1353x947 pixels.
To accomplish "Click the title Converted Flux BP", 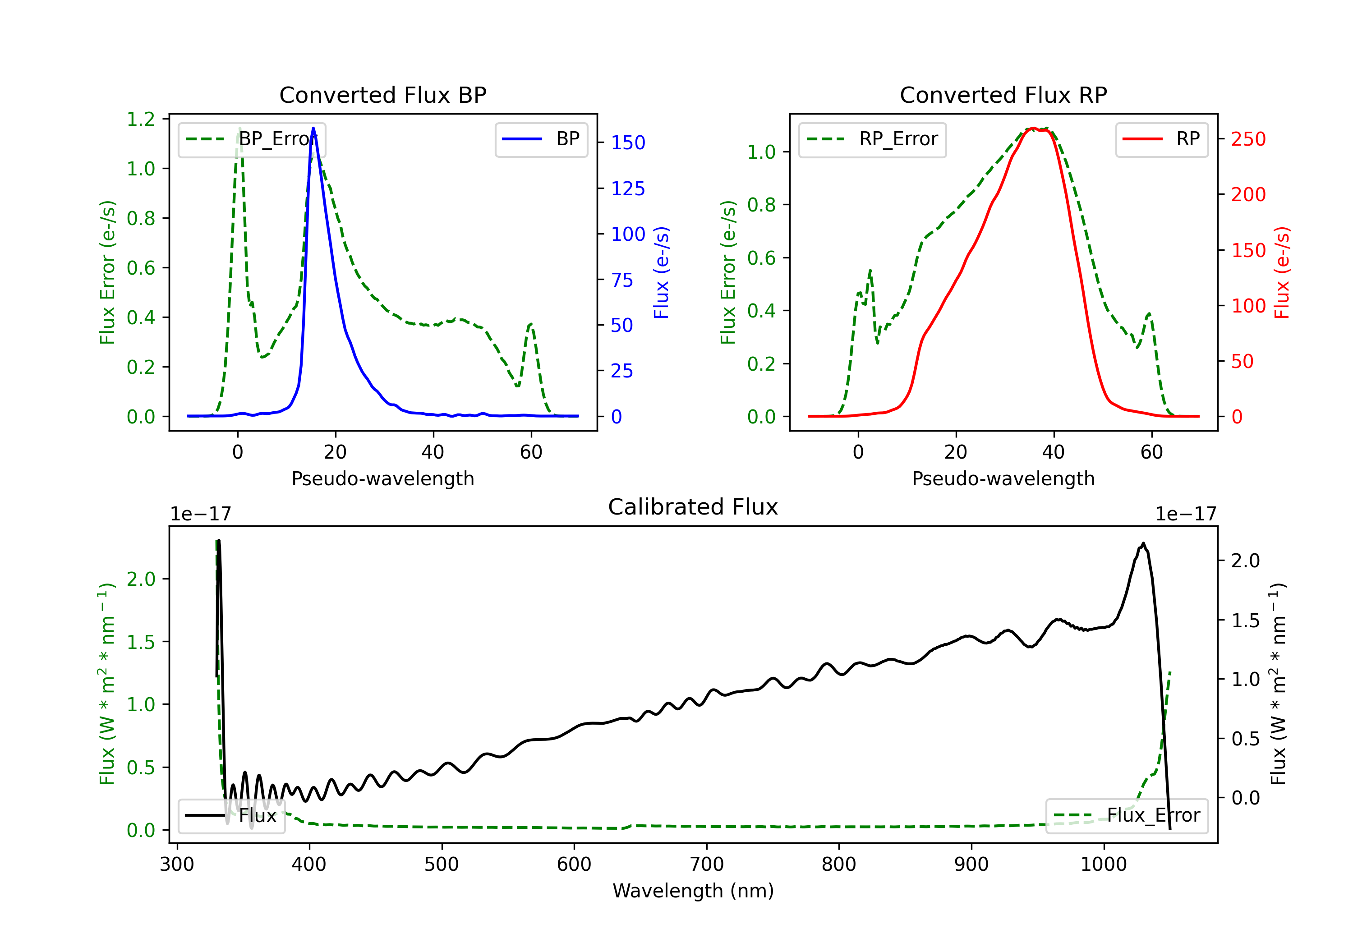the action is click(382, 95).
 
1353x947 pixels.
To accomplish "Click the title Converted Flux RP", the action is click(1003, 95).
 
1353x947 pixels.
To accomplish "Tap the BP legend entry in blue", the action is click(541, 139).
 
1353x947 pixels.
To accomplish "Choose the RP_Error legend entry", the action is click(872, 139).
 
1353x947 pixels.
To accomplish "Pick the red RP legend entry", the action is click(1161, 139).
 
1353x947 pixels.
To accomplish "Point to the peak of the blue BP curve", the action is click(313, 128).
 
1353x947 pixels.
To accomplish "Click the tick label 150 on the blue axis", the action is click(628, 143).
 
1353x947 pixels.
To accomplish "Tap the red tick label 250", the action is click(1248, 139).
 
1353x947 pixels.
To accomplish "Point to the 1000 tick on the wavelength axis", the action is click(1103, 864).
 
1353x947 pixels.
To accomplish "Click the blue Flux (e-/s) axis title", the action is click(661, 272).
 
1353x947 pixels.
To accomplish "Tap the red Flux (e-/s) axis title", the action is click(1282, 272).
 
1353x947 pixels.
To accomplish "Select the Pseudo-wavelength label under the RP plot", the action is click(1003, 478).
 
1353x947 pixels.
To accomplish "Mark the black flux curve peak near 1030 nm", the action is click(1143, 543).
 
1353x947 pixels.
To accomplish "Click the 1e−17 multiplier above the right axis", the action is click(1186, 514).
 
